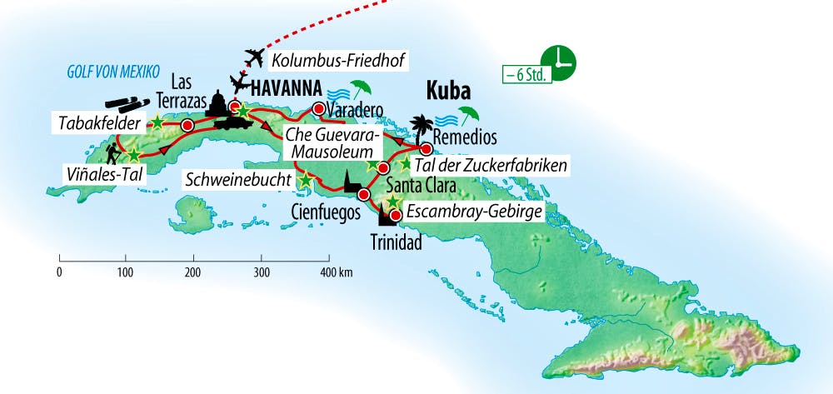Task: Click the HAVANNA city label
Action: coord(281,86)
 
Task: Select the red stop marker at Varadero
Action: coord(317,109)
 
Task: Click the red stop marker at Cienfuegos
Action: coord(363,195)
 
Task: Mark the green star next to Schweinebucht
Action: coord(306,179)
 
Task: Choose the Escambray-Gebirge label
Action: coord(474,213)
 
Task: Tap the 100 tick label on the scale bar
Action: coord(126,272)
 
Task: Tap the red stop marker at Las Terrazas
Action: coord(187,125)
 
